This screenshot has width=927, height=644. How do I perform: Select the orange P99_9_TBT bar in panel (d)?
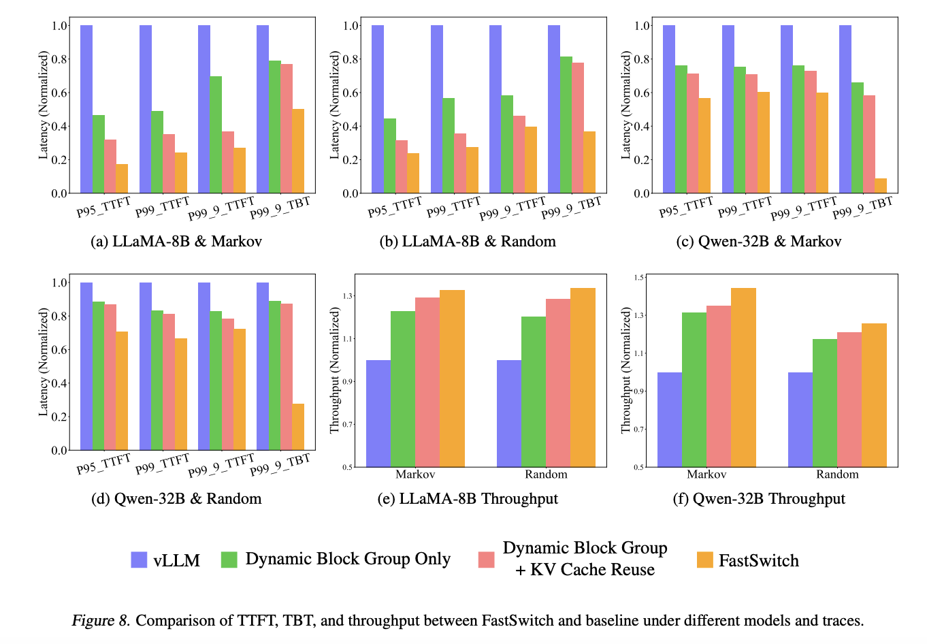pos(298,427)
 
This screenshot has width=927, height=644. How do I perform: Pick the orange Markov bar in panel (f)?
pos(743,377)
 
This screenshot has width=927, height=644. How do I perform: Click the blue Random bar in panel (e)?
pos(509,413)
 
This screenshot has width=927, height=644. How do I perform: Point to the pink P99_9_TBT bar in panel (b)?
pos(577,128)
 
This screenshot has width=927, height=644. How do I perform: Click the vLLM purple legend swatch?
pos(139,560)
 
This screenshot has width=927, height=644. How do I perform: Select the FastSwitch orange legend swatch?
pos(705,560)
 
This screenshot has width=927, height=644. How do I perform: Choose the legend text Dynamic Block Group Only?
pos(348,559)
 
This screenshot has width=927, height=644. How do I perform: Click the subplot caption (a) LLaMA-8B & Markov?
pos(176,242)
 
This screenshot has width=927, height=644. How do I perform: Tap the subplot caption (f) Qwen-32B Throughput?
pos(759,499)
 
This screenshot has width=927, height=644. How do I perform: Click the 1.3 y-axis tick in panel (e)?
pos(348,296)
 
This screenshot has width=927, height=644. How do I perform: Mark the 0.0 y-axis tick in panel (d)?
pos(60,451)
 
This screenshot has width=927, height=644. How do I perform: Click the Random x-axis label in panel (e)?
pos(546,474)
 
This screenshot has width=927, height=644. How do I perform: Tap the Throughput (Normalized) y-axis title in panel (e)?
pos(334,370)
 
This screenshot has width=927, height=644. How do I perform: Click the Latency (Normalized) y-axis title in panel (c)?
pos(626,105)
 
